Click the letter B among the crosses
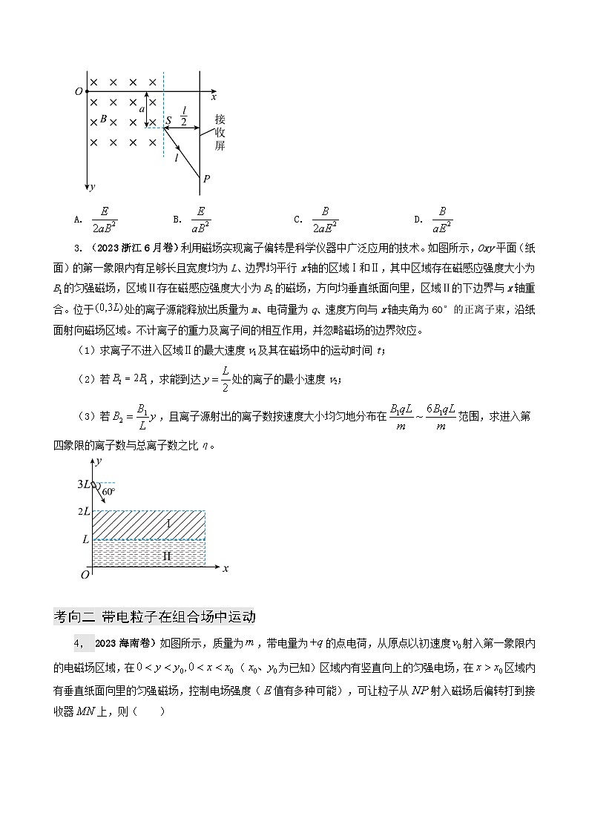point(104,119)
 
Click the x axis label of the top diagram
point(214,97)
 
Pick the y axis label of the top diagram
point(91,188)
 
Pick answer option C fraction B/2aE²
point(325,220)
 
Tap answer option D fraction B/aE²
point(442,220)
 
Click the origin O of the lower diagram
point(85,574)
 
